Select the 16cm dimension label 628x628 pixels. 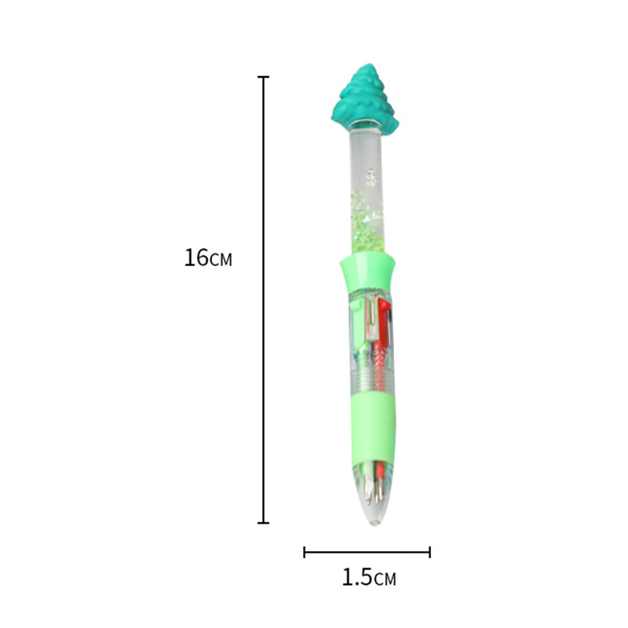208,257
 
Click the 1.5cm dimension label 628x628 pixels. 369,578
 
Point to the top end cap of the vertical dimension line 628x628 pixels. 263,76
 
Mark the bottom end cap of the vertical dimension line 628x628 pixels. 263,522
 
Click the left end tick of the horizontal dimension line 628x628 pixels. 305,552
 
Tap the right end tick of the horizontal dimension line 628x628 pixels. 429,552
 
